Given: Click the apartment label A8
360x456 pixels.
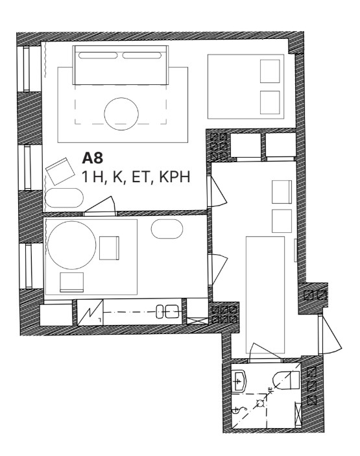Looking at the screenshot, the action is (93, 158).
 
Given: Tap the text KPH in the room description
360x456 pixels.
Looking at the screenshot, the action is (174, 176).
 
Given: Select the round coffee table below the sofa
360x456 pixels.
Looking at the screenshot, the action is (121, 114).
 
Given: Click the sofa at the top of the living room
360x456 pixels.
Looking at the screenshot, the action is (121, 65).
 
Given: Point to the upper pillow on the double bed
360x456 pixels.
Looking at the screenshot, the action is (270, 71).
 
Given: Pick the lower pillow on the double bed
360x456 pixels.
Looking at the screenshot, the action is (270, 102).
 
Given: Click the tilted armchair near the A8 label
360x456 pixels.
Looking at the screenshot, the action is (60, 171).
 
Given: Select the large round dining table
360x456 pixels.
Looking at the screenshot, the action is (71, 245).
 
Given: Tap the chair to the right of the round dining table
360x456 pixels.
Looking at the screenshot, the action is (109, 248).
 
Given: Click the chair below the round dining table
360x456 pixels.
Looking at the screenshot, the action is (71, 282).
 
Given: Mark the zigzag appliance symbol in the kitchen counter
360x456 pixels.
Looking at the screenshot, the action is (90, 313).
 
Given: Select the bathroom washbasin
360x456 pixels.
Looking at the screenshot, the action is (239, 381).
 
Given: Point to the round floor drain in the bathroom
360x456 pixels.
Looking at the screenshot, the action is (260, 403).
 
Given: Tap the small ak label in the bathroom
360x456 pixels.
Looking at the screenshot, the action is (270, 390).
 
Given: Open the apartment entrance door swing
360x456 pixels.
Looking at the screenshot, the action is (330, 335).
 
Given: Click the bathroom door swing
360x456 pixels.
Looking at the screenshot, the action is (265, 353).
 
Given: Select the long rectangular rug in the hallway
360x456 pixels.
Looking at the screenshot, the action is (265, 294).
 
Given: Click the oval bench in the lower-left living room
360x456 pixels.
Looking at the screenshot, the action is (64, 198).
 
